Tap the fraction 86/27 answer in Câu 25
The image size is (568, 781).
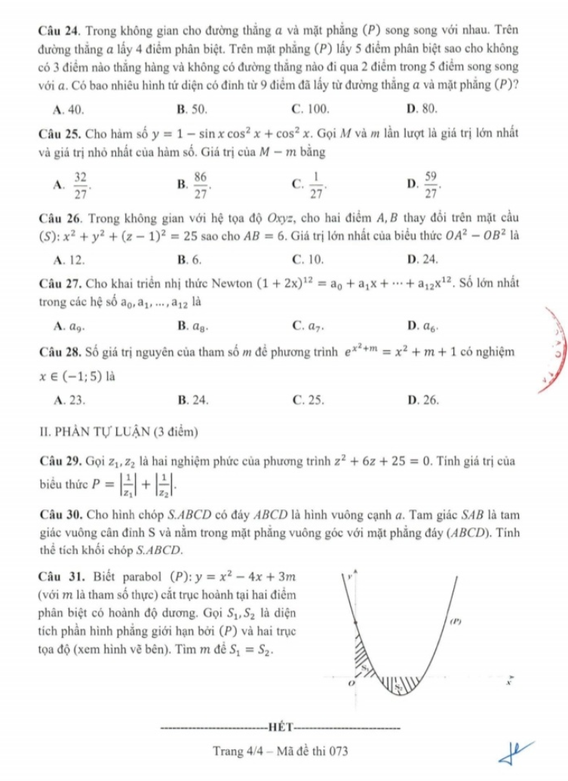[x=199, y=182]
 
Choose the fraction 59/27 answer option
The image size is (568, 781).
[x=431, y=182]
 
